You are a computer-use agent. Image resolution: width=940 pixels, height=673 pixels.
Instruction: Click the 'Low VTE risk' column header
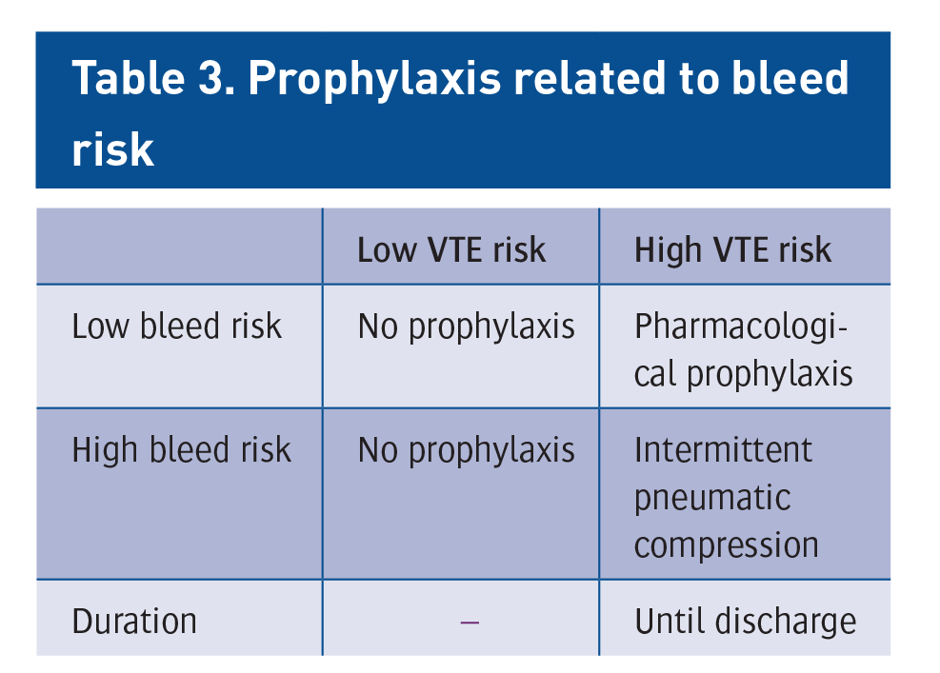pos(451,250)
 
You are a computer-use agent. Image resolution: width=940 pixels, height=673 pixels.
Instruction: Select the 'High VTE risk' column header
pos(732,250)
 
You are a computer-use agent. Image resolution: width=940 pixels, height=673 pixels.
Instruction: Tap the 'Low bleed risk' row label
pos(176,326)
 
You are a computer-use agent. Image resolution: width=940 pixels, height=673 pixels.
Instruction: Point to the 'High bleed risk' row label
pos(182,450)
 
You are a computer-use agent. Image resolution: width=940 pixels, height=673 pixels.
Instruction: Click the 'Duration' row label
pos(134,621)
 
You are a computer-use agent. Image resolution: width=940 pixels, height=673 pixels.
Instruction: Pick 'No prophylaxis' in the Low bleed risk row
pos(467,327)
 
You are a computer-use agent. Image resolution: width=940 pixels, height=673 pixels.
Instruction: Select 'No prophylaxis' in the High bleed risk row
pos(467,451)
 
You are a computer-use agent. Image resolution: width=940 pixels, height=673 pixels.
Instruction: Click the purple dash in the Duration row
pos(470,623)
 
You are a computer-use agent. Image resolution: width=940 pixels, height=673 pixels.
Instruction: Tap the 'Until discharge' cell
pos(745,622)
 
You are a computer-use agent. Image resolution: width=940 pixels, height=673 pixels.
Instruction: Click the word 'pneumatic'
pos(712,499)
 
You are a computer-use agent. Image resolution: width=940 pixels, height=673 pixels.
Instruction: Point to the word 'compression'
pos(726,546)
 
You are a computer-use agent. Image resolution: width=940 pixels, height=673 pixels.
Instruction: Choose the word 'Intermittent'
pos(723,450)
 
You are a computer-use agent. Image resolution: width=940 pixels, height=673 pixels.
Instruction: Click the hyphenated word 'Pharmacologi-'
pos(740,327)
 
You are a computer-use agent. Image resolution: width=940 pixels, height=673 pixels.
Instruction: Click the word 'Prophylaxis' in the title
pos(374,81)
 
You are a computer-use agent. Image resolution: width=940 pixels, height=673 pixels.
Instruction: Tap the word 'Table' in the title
pos(129,77)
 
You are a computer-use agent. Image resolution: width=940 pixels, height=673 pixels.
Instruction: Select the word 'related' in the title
pos(590,77)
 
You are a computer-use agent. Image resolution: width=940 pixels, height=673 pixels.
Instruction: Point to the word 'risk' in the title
pos(113,148)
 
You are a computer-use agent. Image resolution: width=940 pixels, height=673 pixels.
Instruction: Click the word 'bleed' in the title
pos(790,77)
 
